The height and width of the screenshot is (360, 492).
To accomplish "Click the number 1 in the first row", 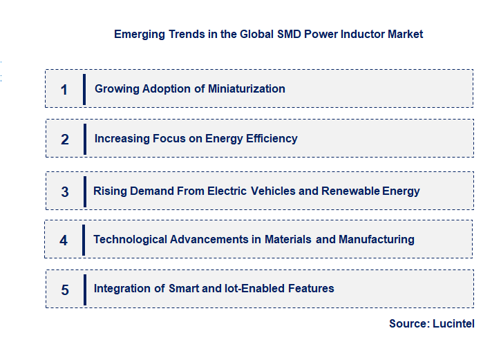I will click(64, 89).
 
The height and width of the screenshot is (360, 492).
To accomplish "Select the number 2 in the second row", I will click(65, 139).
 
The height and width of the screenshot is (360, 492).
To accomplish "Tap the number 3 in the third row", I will click(65, 191).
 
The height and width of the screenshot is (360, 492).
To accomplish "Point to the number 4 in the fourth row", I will click(64, 240).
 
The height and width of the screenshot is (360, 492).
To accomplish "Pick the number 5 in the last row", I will click(65, 290).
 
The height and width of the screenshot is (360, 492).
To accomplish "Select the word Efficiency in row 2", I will click(270, 138).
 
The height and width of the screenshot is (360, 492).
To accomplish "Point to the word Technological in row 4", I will click(129, 239).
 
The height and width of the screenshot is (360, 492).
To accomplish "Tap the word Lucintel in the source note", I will click(453, 323).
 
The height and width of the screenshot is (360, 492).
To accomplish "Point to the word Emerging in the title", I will click(138, 34).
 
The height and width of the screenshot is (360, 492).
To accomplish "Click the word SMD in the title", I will click(288, 34).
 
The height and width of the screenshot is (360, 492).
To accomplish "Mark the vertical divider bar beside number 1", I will click(84, 89).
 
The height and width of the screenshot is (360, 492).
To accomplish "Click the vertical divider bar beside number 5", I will click(84, 289).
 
